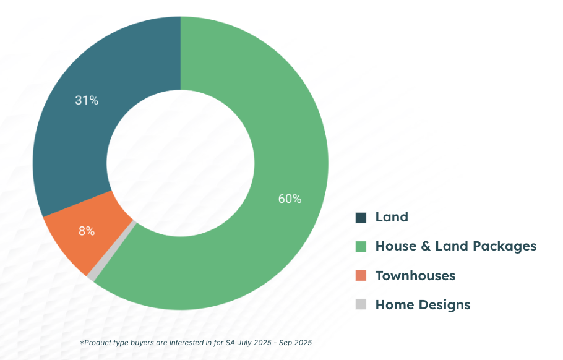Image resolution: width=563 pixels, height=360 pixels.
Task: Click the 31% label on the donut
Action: [x=87, y=100]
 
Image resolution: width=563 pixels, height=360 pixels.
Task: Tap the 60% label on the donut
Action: [x=289, y=199]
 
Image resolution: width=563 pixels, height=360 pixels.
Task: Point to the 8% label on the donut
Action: [x=87, y=231]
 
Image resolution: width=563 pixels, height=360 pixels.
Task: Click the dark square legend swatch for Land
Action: [x=361, y=218]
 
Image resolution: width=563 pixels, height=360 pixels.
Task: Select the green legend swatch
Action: [x=361, y=247]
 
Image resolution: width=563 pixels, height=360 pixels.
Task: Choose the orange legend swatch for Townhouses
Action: [x=361, y=276]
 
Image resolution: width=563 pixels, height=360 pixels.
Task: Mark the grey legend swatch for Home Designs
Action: [x=361, y=304]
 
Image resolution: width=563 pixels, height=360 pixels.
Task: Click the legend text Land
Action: [x=392, y=217]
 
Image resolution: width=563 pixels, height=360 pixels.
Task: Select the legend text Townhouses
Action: [x=415, y=276]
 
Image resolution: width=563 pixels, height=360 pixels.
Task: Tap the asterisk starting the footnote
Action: [x=81, y=342]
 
